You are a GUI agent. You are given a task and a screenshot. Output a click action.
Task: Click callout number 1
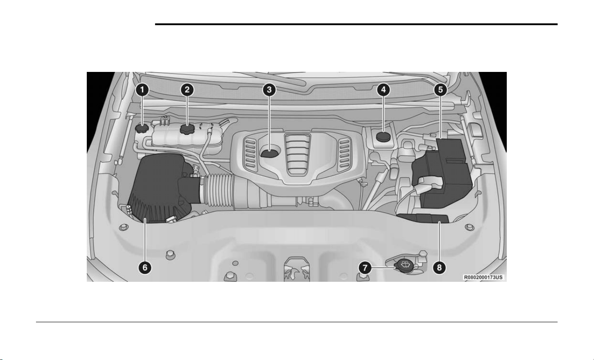142,90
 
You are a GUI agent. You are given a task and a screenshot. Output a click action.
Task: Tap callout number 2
187,90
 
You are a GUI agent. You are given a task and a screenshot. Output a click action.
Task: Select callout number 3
269,90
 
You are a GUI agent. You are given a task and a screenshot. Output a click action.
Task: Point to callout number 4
384,90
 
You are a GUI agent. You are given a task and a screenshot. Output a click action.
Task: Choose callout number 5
441,90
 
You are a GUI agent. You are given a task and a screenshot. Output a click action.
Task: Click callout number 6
145,267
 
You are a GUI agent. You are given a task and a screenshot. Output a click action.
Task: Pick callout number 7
365,268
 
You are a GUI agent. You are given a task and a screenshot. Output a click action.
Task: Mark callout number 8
439,267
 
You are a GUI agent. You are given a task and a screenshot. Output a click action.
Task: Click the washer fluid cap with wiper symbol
405,265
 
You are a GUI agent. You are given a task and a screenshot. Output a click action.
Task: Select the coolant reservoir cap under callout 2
187,129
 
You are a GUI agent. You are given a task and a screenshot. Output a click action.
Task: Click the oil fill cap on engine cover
270,153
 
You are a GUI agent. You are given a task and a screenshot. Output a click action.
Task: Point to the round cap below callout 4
384,137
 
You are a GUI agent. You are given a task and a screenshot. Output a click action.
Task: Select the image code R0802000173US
483,277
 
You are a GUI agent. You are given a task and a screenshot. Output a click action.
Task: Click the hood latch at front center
297,269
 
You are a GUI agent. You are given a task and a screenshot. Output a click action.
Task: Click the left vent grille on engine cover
250,154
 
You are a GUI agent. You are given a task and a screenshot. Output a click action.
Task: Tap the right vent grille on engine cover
344,154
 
